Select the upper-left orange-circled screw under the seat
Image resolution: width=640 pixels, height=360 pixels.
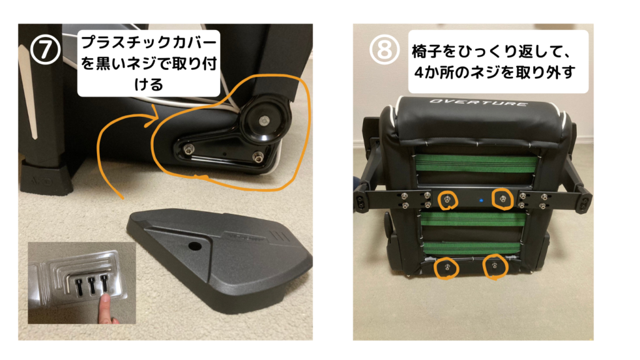447,199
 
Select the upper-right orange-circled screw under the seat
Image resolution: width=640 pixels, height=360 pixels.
503,199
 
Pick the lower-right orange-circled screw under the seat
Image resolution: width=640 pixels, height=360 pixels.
495,266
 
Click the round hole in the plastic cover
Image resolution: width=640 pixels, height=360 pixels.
195,246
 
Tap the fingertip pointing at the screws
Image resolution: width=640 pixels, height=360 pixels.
105,300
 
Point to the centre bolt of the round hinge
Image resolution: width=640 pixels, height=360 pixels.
263,121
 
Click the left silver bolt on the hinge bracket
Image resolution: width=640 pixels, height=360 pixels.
187,148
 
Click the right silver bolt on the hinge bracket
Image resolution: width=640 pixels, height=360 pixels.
257,156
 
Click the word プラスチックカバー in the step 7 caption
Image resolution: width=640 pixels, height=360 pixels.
149,42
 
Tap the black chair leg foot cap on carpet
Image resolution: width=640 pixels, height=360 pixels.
45,177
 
